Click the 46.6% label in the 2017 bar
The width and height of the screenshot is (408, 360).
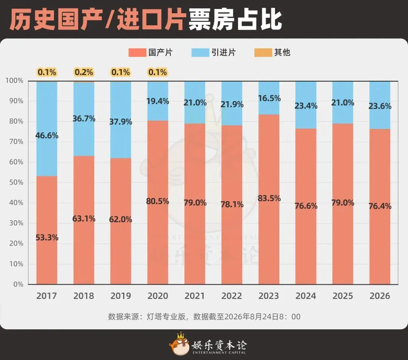(47, 136)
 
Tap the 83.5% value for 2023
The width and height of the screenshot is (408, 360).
(269, 199)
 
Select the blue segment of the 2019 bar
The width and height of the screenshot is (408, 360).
(121, 120)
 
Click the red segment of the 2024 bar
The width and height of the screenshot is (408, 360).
(306, 206)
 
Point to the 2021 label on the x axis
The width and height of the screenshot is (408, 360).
(195, 296)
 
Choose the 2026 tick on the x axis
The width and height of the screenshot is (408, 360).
(380, 296)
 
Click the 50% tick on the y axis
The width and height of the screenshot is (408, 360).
(16, 182)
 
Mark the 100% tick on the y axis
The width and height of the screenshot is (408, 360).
(15, 81)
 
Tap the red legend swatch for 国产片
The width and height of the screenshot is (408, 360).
(137, 53)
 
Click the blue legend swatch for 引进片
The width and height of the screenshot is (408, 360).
(200, 53)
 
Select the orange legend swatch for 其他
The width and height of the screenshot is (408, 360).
(263, 53)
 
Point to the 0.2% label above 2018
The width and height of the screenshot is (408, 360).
(84, 72)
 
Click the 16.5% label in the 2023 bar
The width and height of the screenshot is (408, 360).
(269, 98)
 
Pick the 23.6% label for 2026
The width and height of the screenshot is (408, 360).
(380, 106)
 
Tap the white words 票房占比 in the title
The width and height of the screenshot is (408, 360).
(235, 20)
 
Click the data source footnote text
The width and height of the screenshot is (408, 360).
(204, 317)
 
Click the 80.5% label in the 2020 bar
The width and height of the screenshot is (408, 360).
(158, 201)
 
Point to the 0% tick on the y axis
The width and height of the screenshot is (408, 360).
(18, 284)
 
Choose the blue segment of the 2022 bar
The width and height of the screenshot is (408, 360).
(232, 104)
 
